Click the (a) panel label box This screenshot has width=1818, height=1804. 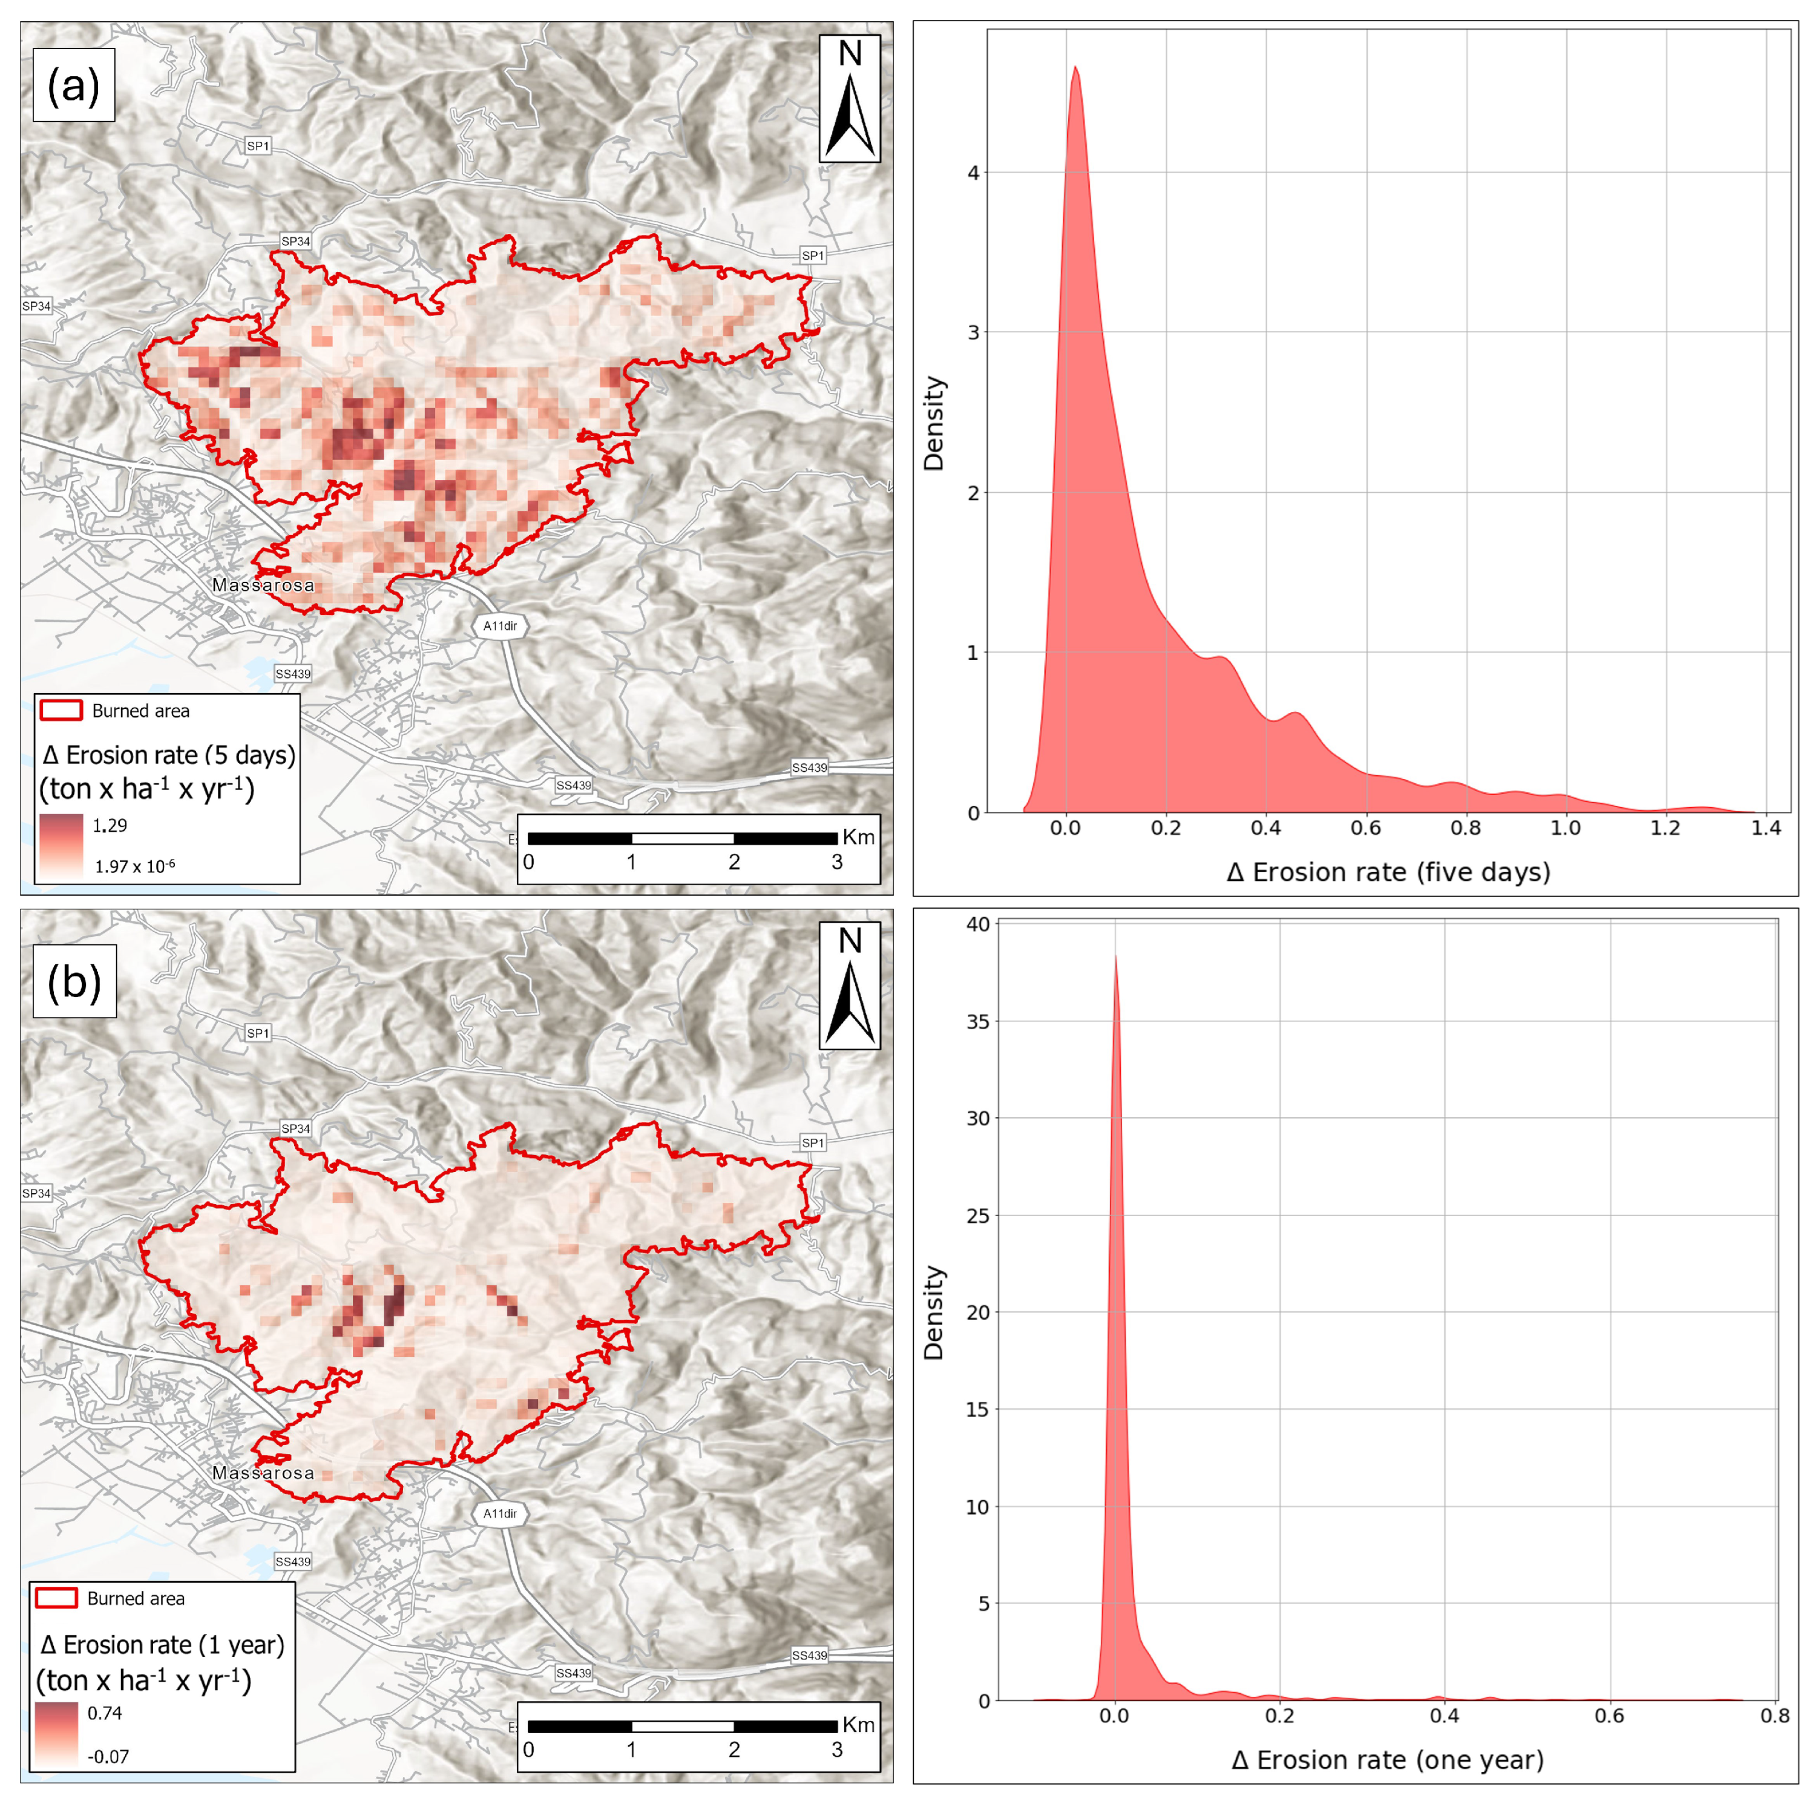(x=73, y=85)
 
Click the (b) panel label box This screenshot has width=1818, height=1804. (x=74, y=981)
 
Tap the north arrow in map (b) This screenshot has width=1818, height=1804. (x=850, y=986)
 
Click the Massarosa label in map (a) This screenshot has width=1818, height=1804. (x=263, y=585)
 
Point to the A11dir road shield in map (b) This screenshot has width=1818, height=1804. (x=500, y=1513)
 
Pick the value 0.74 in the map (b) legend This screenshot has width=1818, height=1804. (x=105, y=1713)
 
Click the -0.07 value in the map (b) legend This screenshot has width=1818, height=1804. (x=108, y=1756)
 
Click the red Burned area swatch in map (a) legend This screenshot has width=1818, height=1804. (x=61, y=711)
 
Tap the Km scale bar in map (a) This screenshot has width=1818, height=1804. (x=682, y=838)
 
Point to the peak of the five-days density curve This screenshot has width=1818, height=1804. (x=1075, y=68)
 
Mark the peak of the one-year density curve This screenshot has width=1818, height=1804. (x=1115, y=956)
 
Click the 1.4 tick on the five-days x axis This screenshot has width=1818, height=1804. (x=1766, y=828)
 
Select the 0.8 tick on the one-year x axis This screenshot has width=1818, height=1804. (x=1774, y=1716)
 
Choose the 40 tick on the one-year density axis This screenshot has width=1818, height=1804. (x=979, y=924)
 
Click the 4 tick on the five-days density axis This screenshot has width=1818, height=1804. (x=973, y=173)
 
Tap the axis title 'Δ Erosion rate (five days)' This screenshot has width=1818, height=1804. (x=1388, y=872)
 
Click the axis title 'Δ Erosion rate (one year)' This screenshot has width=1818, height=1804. (x=1388, y=1760)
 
